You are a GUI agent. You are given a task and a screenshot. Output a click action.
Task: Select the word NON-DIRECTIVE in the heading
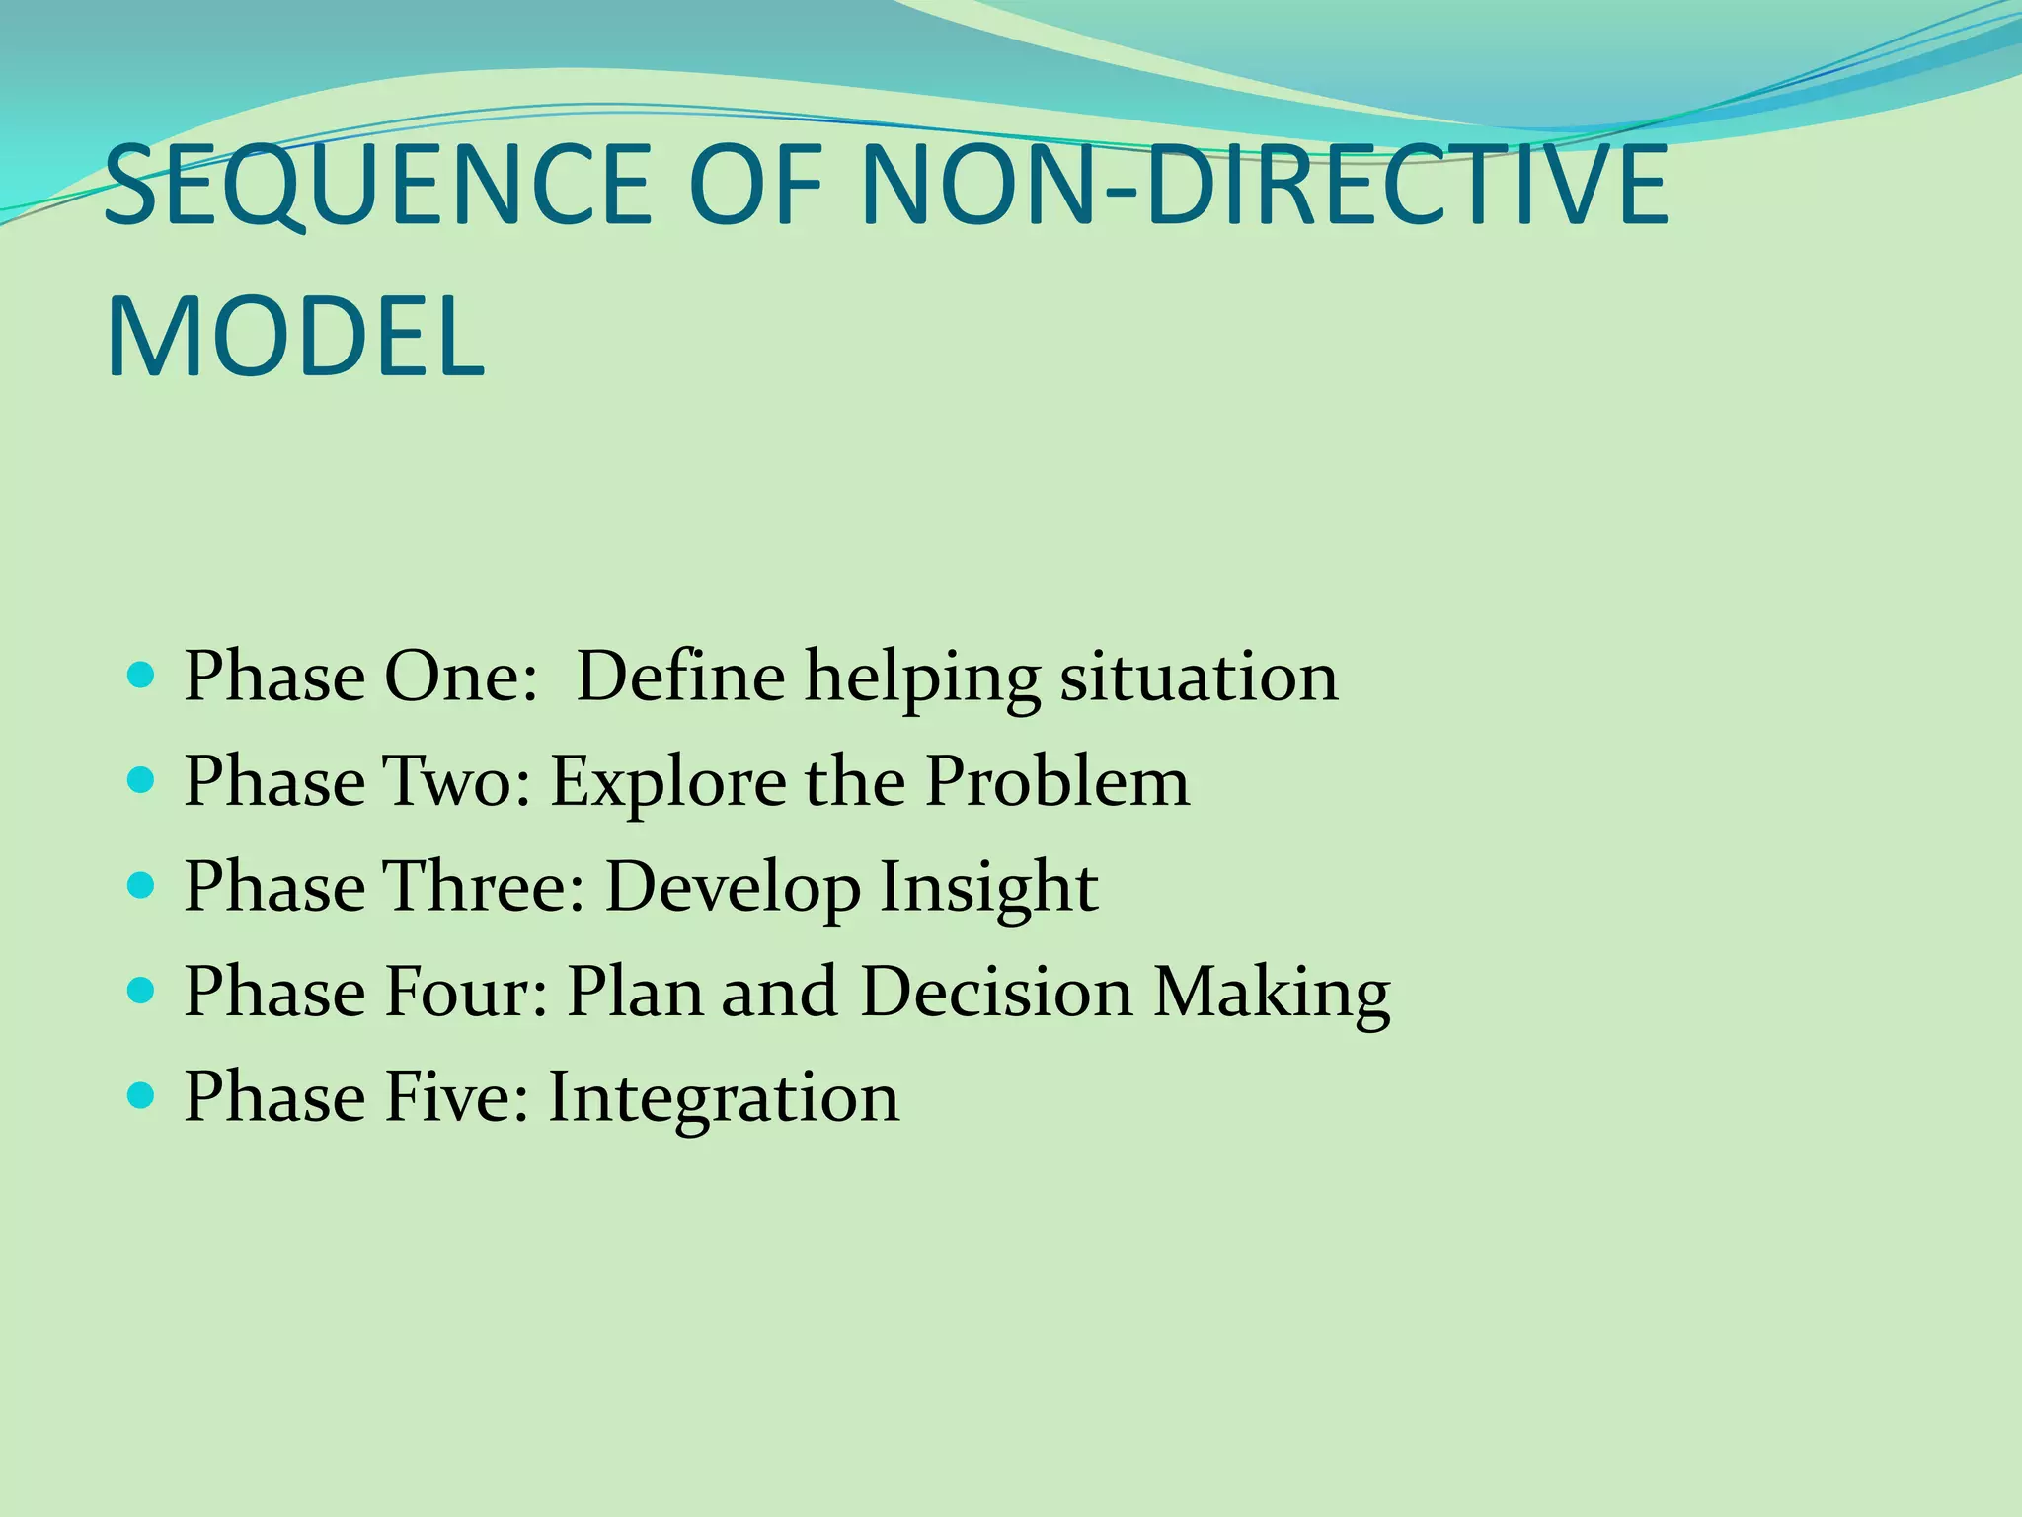click(x=1265, y=185)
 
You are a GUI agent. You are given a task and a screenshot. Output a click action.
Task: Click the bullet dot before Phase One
click(x=142, y=676)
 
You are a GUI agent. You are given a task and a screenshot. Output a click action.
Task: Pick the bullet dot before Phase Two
click(x=142, y=781)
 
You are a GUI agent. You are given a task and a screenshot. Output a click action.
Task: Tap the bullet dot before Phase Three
click(x=142, y=886)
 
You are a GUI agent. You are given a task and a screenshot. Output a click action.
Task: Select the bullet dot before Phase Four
click(x=142, y=991)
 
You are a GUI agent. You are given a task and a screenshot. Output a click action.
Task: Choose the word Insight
click(x=988, y=886)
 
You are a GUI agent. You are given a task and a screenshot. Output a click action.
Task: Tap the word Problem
click(x=1057, y=781)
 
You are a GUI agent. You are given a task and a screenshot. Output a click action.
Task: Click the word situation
click(x=1199, y=678)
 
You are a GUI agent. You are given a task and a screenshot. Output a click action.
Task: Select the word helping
click(x=922, y=679)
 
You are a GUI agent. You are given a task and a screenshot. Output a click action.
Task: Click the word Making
click(x=1273, y=993)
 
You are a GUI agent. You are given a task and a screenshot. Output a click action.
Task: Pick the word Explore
click(x=667, y=783)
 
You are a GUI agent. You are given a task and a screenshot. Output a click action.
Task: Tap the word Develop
click(x=732, y=888)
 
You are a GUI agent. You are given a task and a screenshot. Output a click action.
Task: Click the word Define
click(x=680, y=678)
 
